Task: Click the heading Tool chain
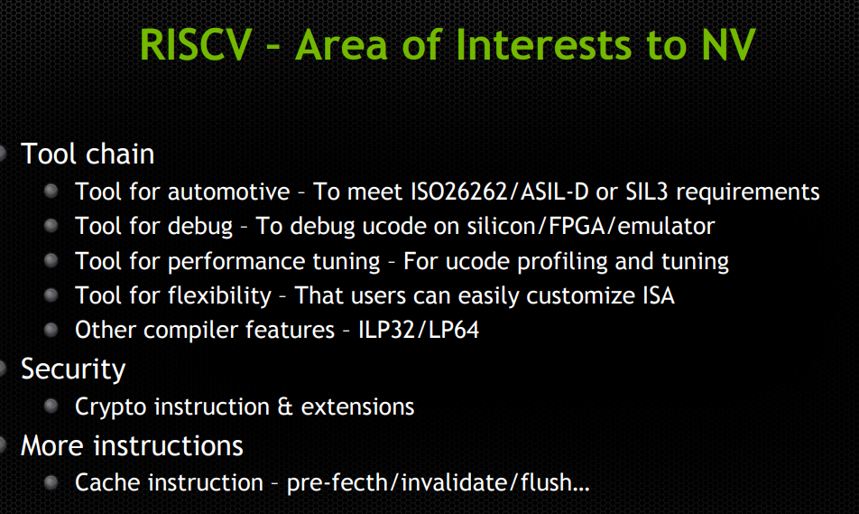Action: click(88, 154)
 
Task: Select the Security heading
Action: click(73, 369)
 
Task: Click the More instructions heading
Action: click(132, 445)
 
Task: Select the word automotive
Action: click(228, 192)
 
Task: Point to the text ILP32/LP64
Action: click(418, 330)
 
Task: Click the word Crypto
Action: click(111, 407)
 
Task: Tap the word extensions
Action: click(357, 407)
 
